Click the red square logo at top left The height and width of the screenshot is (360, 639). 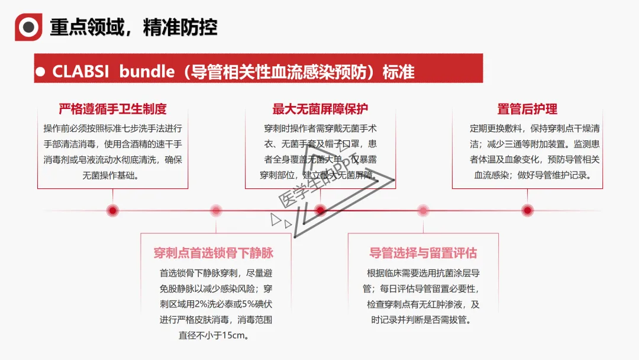pos(28,27)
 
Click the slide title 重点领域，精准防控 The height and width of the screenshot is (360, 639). pos(133,27)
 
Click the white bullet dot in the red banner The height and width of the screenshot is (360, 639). pos(41,72)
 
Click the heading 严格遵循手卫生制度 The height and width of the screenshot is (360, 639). pos(112,109)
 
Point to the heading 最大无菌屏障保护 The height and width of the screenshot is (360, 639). pos(320,109)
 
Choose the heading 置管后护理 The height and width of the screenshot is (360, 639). pos(527,109)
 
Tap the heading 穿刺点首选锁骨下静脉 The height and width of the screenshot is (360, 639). pos(214,253)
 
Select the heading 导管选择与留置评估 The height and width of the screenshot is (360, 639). pos(423,253)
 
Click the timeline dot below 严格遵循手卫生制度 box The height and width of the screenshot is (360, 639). pos(112,210)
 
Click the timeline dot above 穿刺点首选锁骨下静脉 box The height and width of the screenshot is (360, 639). pos(216,210)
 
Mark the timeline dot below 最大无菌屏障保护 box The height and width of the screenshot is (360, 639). pos(320,210)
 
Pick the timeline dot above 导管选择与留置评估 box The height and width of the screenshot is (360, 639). pos(423,210)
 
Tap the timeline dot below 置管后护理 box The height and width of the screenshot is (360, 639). pos(527,210)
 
